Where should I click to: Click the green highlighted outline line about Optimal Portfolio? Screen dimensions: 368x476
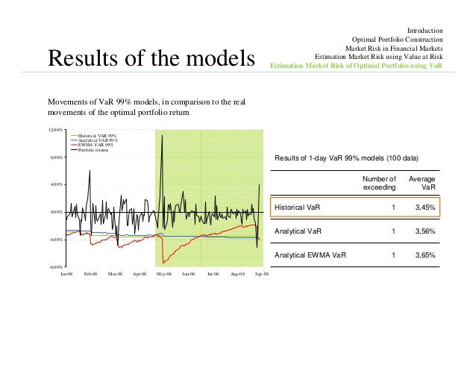tap(356, 65)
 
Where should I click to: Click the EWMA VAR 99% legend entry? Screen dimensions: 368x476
tap(96, 144)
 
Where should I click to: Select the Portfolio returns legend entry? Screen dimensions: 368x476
tap(96, 149)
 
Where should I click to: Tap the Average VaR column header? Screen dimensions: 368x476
tap(422, 183)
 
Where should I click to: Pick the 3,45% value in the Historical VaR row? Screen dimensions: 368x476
tap(425, 207)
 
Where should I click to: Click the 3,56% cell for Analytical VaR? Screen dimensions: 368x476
tap(425, 231)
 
